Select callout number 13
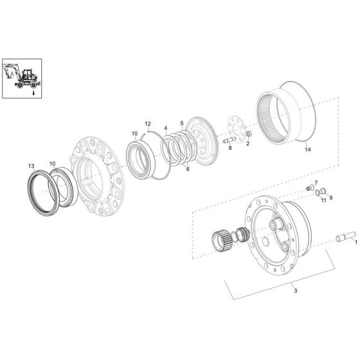tap(30, 166)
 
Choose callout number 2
tap(248, 143)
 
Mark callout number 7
tap(316, 183)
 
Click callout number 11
tap(323, 201)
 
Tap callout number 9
tap(331, 198)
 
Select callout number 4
tap(165, 128)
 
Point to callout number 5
tap(182, 123)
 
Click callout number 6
tap(187, 168)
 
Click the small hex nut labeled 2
tap(248, 134)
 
